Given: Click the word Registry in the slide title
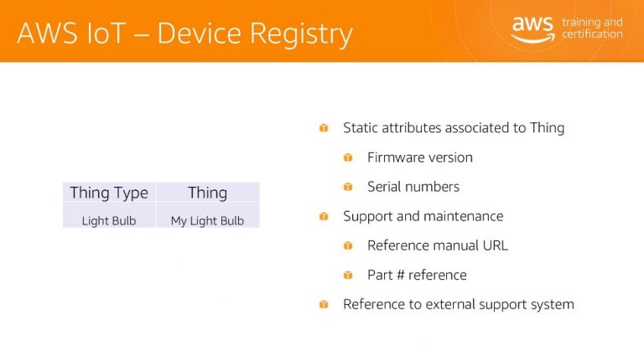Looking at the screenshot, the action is pyautogui.click(x=302, y=34).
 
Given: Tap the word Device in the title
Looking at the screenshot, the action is pyautogui.click(x=200, y=33).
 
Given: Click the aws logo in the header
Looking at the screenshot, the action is pyautogui.click(x=532, y=29).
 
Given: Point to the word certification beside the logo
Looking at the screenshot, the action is pyautogui.click(x=592, y=34).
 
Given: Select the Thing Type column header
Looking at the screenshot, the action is pyautogui.click(x=109, y=193).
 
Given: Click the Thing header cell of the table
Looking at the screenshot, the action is pyautogui.click(x=207, y=193).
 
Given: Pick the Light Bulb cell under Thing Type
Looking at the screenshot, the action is pyautogui.click(x=109, y=220).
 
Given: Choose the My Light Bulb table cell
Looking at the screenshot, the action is pyautogui.click(x=207, y=220).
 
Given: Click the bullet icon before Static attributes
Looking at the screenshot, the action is pyautogui.click(x=324, y=128).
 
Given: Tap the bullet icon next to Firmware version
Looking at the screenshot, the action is pyautogui.click(x=348, y=157).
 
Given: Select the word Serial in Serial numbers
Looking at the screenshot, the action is pyautogui.click(x=383, y=187).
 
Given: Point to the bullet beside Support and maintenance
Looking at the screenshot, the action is pyautogui.click(x=324, y=216).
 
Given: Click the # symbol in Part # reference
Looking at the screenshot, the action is pyautogui.click(x=401, y=275).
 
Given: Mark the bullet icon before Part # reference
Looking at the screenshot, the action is pyautogui.click(x=348, y=275).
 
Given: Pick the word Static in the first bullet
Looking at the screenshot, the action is pyautogui.click(x=361, y=128).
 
